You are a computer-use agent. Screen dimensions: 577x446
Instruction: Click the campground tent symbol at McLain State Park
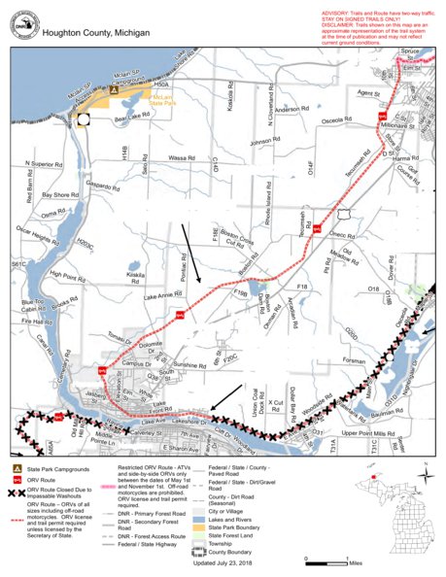(115, 89)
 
